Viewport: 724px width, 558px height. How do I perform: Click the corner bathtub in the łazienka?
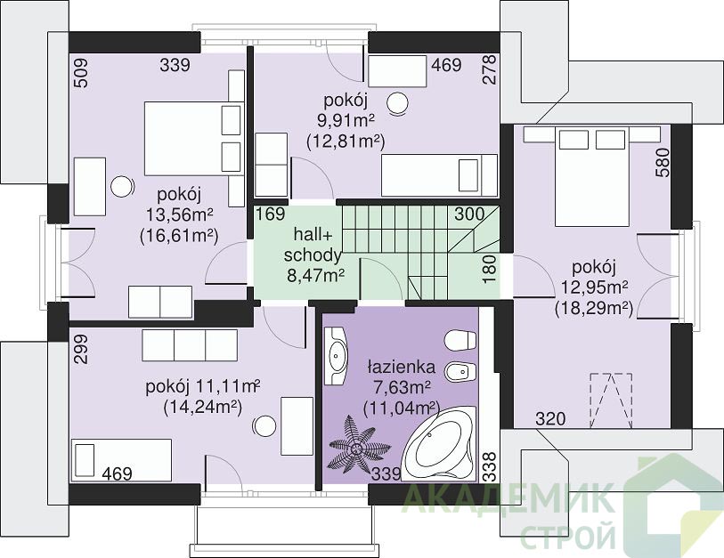440,444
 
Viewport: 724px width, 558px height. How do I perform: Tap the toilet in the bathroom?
460,341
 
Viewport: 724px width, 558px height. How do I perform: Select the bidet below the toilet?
460,370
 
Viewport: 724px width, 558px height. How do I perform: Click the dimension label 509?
80,72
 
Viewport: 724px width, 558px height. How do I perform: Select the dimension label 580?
663,162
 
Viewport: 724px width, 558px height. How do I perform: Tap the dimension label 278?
489,69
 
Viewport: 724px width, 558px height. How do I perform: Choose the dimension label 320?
550,419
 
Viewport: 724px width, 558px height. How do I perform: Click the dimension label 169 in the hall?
271,214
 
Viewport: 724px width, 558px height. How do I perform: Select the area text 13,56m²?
180,214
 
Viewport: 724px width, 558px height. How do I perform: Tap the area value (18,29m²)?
594,307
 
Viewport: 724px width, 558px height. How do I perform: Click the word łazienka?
402,367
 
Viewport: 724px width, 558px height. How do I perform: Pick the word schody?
313,255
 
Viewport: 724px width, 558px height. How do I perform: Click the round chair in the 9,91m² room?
397,103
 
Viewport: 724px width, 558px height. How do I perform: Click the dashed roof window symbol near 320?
611,400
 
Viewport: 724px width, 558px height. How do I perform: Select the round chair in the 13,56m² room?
122,188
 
